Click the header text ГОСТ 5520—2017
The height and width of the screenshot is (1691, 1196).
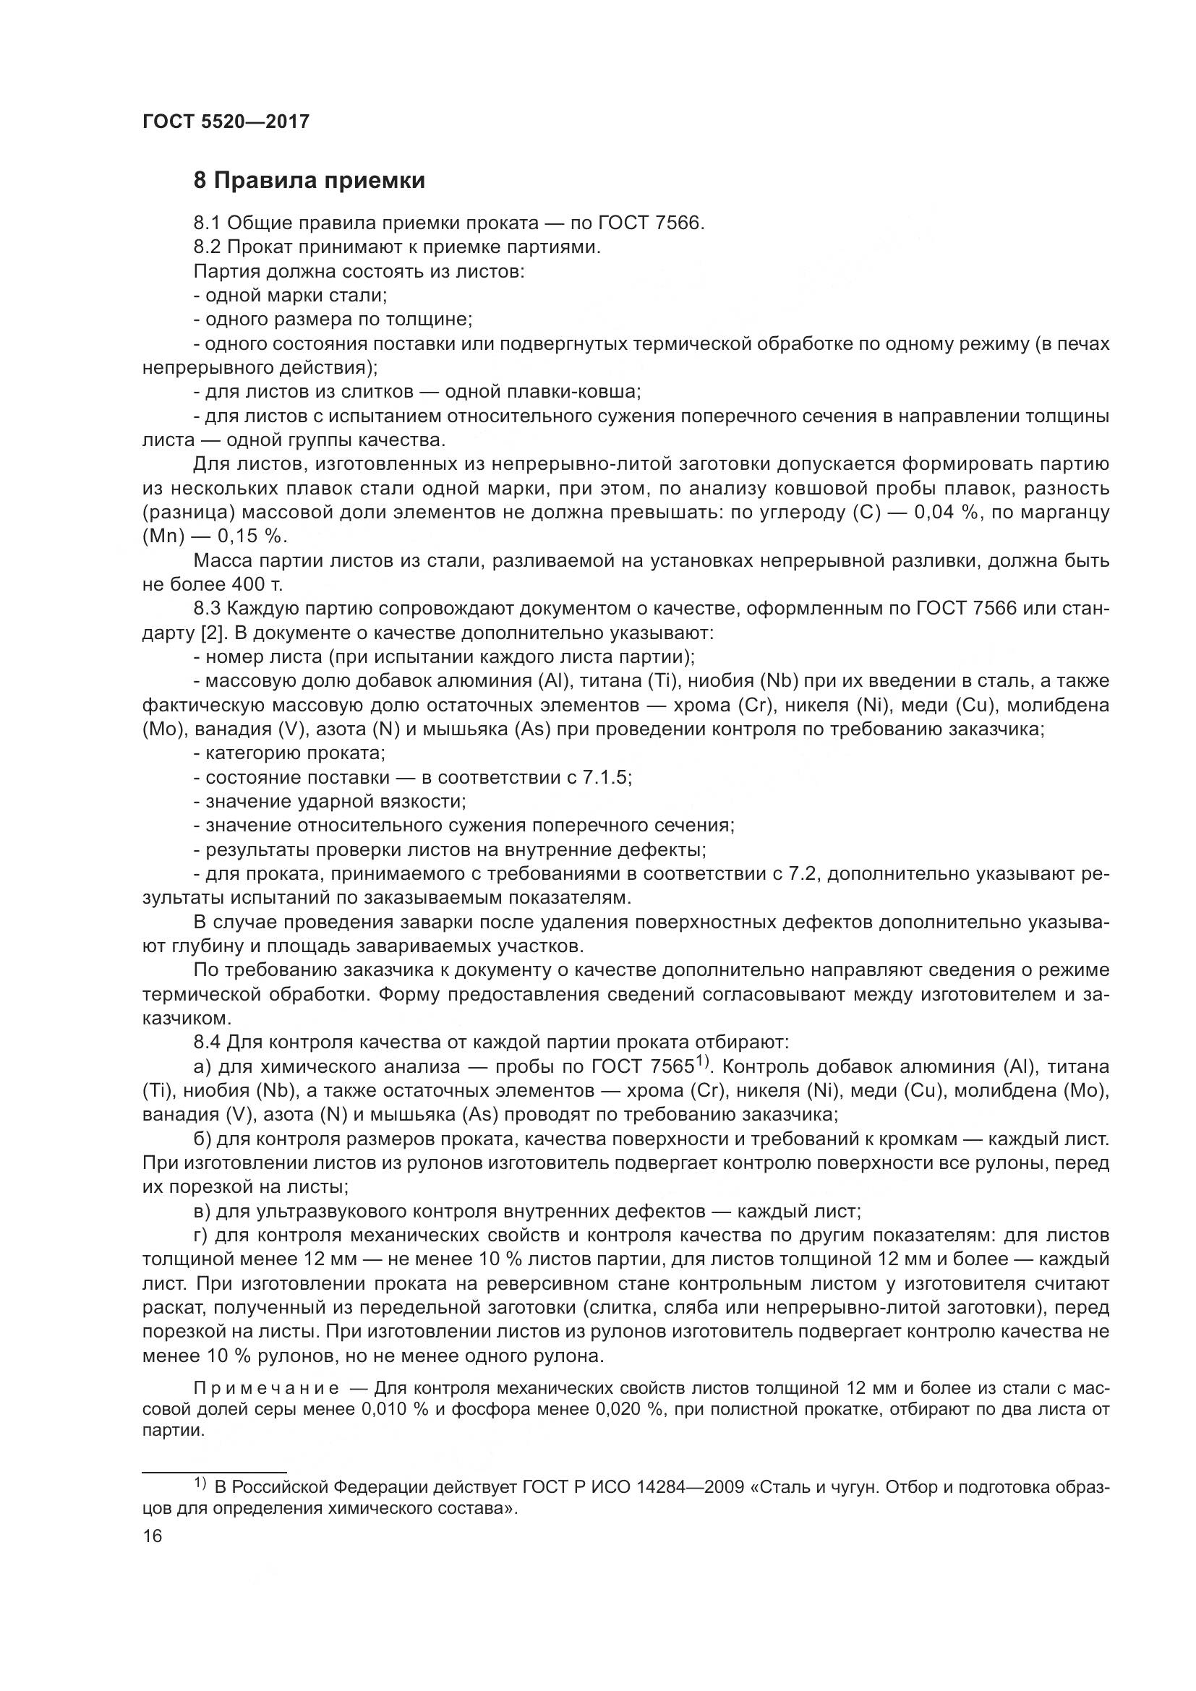(x=226, y=121)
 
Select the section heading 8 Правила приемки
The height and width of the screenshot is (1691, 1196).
(x=309, y=181)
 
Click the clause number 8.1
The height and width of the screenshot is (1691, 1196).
(x=207, y=223)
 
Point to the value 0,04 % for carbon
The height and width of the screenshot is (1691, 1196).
(x=944, y=513)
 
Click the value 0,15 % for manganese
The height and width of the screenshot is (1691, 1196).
(x=252, y=537)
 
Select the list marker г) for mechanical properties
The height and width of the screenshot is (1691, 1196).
(x=200, y=1236)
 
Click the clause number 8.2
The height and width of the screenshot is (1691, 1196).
(x=207, y=247)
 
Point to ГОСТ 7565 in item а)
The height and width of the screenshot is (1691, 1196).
(x=644, y=1067)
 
